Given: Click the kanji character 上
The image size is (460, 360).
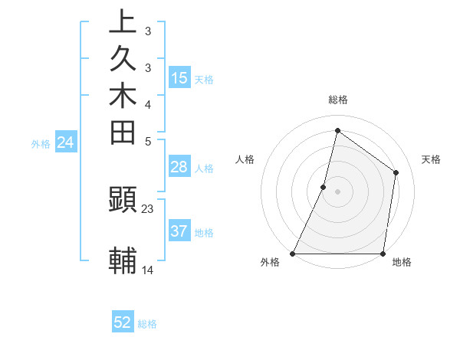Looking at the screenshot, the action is click(x=123, y=22).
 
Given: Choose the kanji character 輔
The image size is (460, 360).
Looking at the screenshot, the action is click(x=123, y=260).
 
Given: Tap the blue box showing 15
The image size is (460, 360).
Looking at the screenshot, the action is click(x=179, y=78).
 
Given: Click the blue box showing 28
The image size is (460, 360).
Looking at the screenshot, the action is click(x=179, y=168).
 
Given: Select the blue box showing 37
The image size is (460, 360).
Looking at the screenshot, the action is click(x=179, y=231).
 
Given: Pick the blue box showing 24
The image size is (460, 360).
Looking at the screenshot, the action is click(x=66, y=142).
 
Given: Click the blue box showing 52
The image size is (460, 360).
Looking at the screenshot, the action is click(x=123, y=322).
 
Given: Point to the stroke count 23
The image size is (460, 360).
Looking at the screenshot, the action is click(x=148, y=208).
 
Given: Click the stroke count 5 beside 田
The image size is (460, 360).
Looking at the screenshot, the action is click(x=148, y=141).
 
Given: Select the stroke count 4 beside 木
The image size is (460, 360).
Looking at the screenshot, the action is click(x=148, y=104).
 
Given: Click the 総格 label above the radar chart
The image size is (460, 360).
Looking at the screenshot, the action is click(x=337, y=100).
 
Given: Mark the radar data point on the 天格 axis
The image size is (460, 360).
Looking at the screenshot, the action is click(x=396, y=172).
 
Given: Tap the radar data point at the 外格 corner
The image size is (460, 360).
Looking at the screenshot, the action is click(x=293, y=254).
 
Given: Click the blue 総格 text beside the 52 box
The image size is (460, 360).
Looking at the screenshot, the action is click(x=147, y=324).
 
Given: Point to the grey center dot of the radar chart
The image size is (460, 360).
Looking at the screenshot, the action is click(x=337, y=191).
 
